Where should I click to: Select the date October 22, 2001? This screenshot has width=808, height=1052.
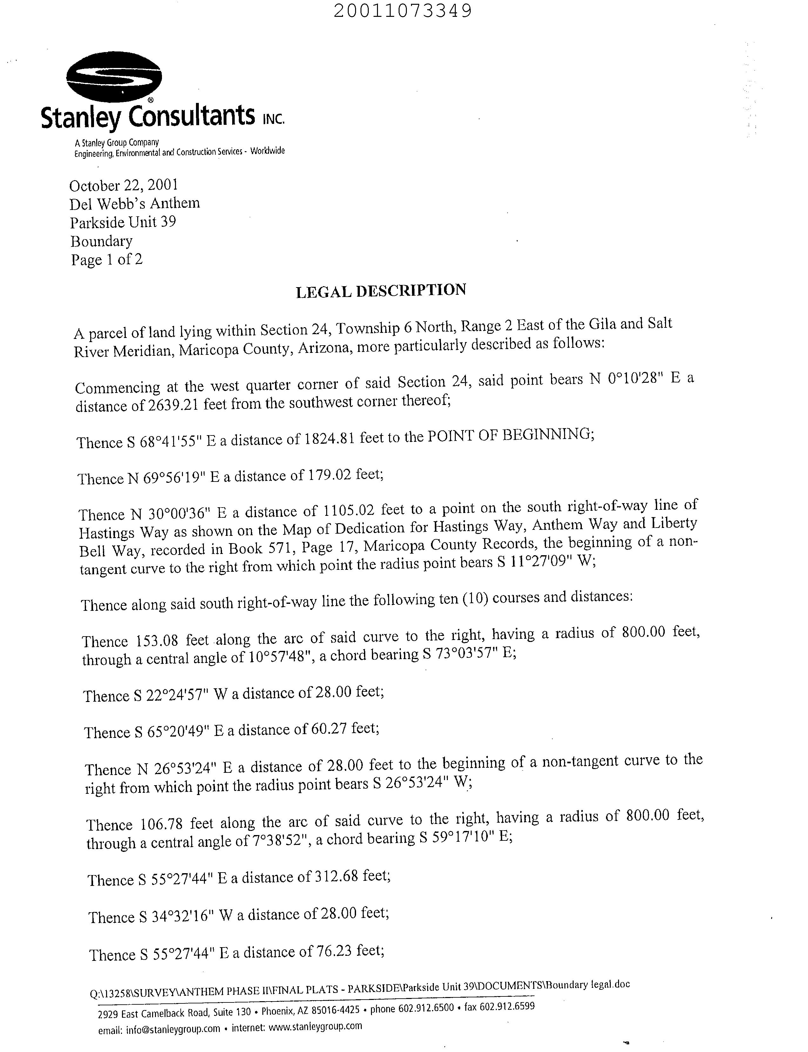pyautogui.click(x=124, y=185)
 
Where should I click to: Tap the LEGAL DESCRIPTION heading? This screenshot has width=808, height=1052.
pyautogui.click(x=381, y=291)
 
